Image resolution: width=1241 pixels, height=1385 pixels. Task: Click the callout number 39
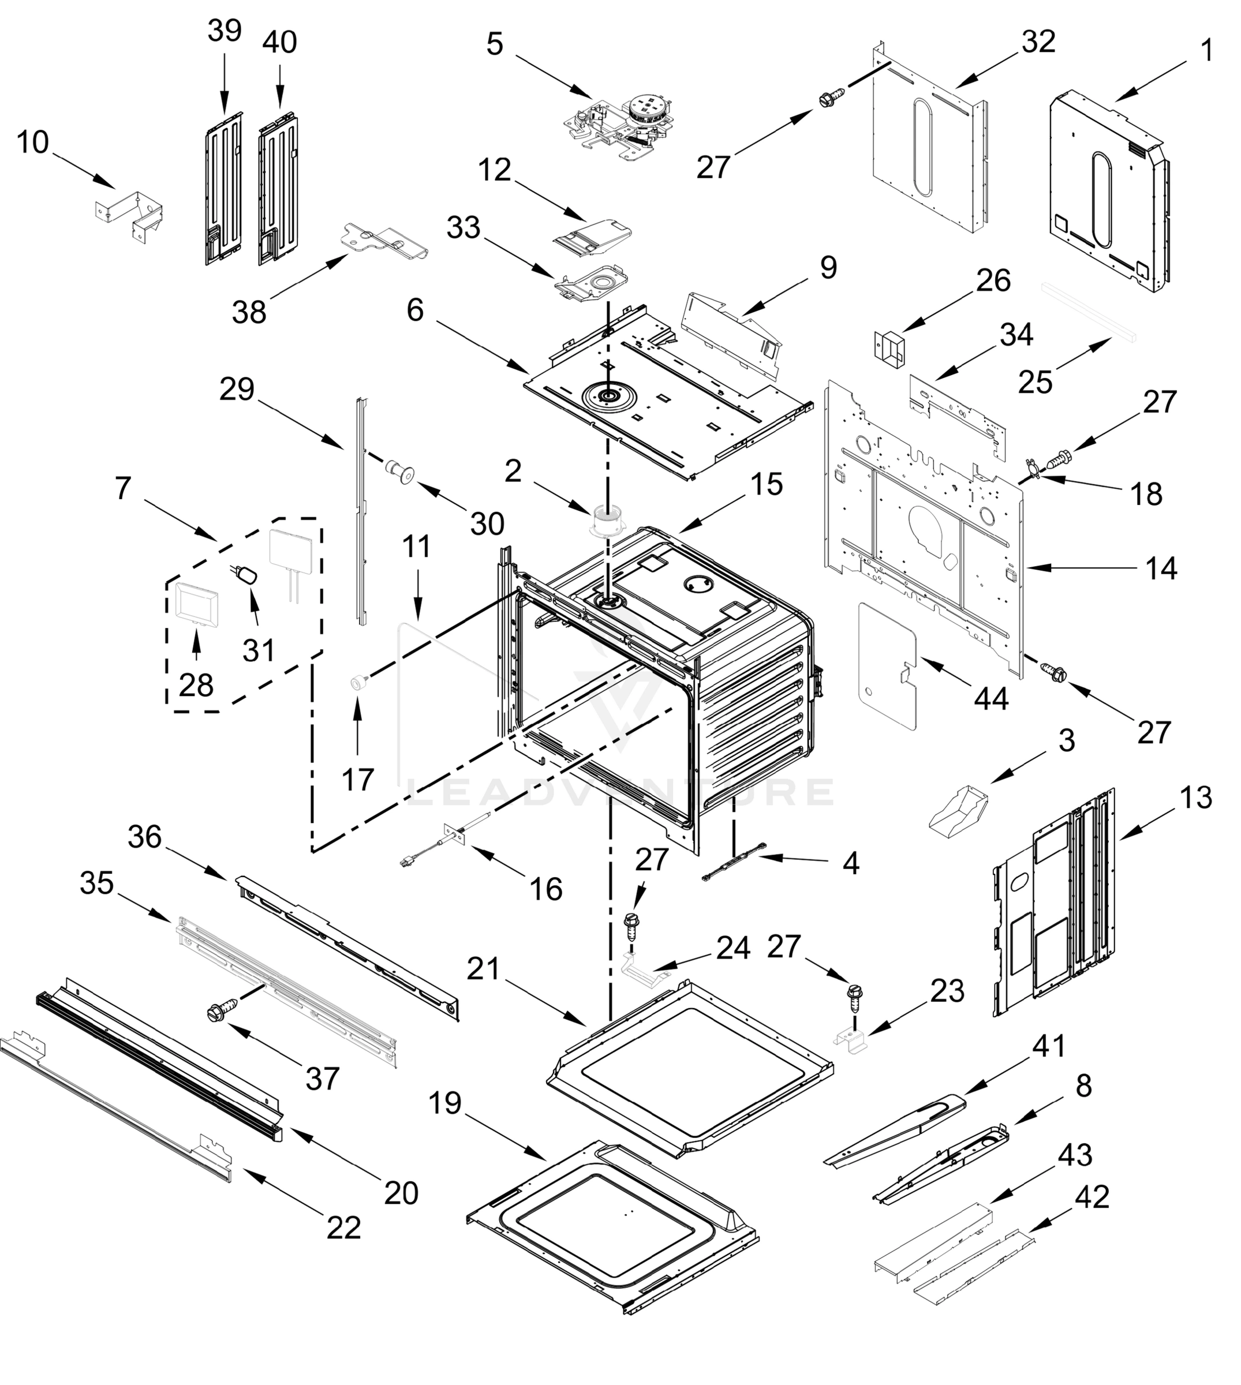point(225,31)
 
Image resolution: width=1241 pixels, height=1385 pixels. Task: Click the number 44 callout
point(990,699)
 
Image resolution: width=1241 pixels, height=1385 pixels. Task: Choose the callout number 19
point(444,1102)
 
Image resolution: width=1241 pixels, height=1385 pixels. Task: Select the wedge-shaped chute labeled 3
point(959,810)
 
